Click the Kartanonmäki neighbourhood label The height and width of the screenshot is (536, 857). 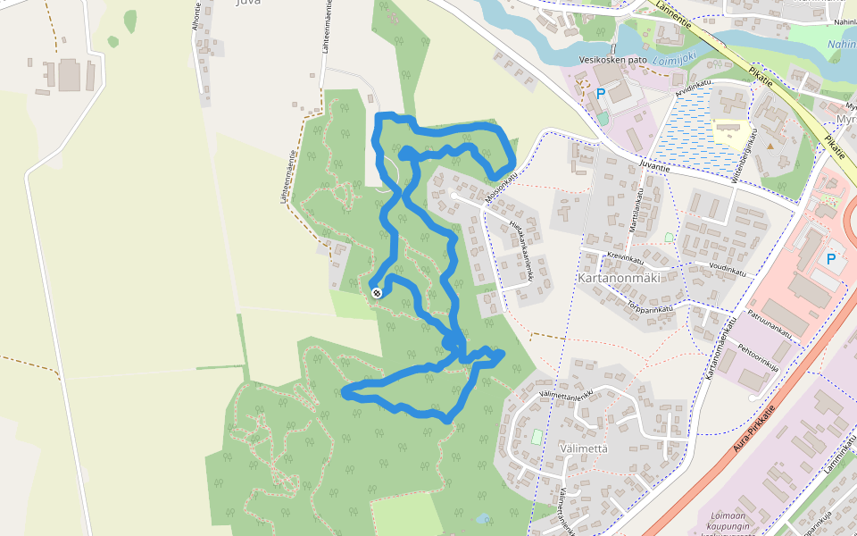click(x=619, y=278)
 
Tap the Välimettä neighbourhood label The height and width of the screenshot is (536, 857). click(x=582, y=448)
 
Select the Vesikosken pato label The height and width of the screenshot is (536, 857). click(x=612, y=60)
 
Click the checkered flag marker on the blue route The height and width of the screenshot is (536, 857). click(x=377, y=292)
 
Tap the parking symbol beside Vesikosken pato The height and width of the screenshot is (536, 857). click(x=601, y=93)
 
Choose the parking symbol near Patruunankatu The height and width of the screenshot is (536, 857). click(x=831, y=259)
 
